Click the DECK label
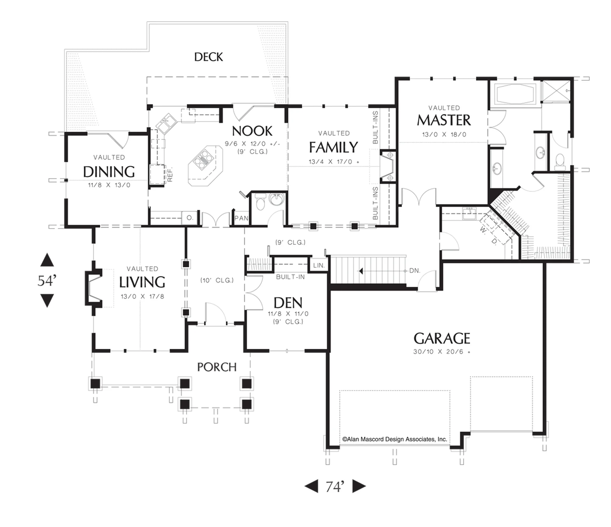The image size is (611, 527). [209, 57]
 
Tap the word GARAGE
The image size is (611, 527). [442, 339]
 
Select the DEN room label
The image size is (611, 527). [288, 303]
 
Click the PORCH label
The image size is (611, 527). [217, 367]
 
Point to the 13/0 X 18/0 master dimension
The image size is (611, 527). [444, 135]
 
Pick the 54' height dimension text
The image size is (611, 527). [47, 281]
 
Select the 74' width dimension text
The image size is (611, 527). [335, 486]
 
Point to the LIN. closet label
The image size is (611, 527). [319, 265]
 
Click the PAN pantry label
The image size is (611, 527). [241, 218]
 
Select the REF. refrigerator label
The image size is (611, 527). [170, 174]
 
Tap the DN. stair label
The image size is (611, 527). [415, 271]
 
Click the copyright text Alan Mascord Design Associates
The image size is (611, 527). [395, 439]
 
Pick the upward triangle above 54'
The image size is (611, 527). [47, 260]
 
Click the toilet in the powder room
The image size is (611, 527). [260, 203]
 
